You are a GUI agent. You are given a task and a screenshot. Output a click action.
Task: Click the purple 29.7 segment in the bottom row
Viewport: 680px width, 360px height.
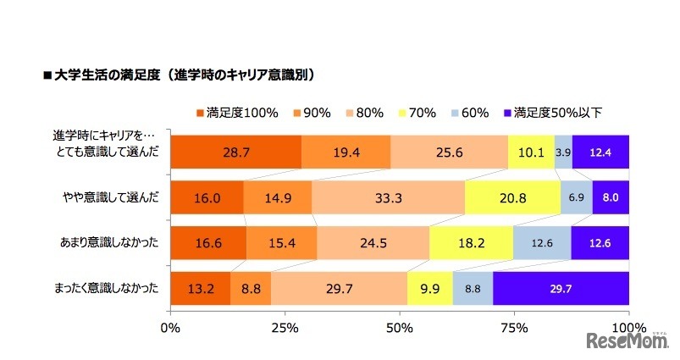pyautogui.click(x=561, y=289)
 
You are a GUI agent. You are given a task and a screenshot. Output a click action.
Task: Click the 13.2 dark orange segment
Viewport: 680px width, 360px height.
pyautogui.click(x=201, y=289)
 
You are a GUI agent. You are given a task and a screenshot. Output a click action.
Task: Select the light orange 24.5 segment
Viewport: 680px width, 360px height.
pyautogui.click(x=373, y=243)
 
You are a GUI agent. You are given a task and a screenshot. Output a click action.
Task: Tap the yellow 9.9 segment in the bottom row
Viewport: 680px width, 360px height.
pyautogui.click(x=430, y=289)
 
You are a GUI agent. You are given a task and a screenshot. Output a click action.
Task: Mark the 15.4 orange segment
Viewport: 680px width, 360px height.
pyautogui.click(x=282, y=243)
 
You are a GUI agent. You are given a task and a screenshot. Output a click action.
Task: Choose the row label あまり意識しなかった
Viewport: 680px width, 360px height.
pyautogui.click(x=107, y=243)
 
